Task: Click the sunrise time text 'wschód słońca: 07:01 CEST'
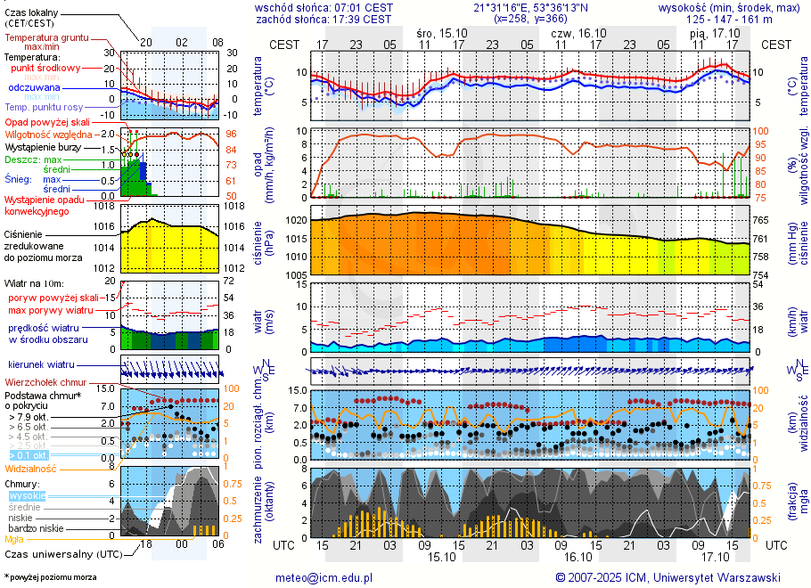[324, 7]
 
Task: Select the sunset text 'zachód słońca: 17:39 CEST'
[324, 19]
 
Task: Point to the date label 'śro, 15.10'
[442, 32]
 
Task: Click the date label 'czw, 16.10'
[578, 32]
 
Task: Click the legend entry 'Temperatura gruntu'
[50, 38]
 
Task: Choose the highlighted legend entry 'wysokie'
[27, 495]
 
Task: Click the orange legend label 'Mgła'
[14, 539]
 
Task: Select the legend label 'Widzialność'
[31, 468]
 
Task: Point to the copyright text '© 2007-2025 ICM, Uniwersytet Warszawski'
[668, 577]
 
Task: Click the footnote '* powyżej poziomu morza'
[50, 577]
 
